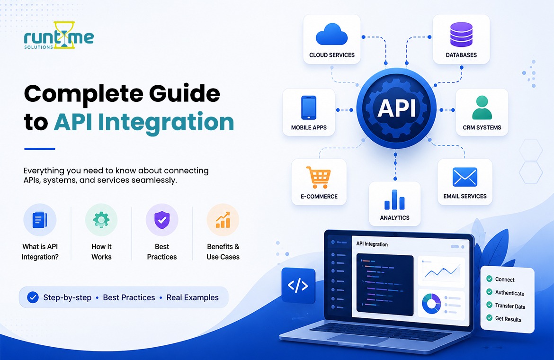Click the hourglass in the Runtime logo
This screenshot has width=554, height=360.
pyautogui.click(x=64, y=35)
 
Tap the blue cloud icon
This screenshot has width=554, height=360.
pyautogui.click(x=331, y=34)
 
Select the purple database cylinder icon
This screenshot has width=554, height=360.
pyautogui.click(x=461, y=34)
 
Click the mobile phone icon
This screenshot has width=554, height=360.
pyautogui.click(x=308, y=108)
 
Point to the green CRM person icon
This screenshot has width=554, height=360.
pyautogui.click(x=482, y=108)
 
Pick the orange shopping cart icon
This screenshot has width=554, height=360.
pyautogui.click(x=319, y=177)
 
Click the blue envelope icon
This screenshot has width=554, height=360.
pyautogui.click(x=465, y=177)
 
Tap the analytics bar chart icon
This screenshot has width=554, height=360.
pyautogui.click(x=394, y=199)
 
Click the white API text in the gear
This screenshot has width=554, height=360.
pyautogui.click(x=396, y=108)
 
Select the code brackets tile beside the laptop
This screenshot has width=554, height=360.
pyautogui.click(x=298, y=286)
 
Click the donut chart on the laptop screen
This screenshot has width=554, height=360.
pyautogui.click(x=431, y=304)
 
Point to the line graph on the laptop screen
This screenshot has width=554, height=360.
pyautogui.click(x=441, y=272)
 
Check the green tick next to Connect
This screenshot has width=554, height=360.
pyautogui.click(x=489, y=279)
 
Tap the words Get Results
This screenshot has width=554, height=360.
pyautogui.click(x=508, y=319)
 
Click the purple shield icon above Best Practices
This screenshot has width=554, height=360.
pyautogui.click(x=162, y=220)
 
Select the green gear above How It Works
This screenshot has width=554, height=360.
pyautogui.click(x=101, y=220)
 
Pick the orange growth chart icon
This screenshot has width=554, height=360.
pyautogui.click(x=223, y=220)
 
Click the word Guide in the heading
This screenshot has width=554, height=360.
pyautogui.click(x=185, y=93)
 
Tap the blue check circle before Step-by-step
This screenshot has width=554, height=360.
pyautogui.click(x=33, y=297)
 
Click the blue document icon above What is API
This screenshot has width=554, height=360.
pyautogui.click(x=40, y=220)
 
